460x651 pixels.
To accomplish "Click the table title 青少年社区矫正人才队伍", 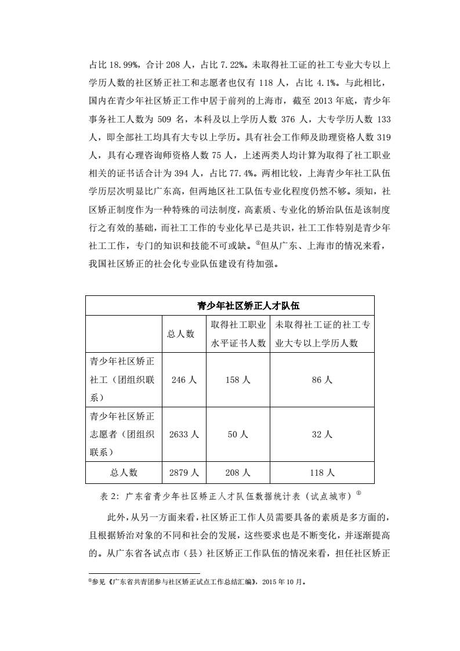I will [230, 305].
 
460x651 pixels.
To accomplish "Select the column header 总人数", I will [181, 334].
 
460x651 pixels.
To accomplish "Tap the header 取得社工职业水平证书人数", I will [238, 334].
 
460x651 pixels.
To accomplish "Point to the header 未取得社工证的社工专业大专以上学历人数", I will [322, 334].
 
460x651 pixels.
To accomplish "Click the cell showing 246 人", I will [184, 380].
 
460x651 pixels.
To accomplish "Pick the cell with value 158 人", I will [238, 380].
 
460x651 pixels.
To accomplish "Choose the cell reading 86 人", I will [322, 380].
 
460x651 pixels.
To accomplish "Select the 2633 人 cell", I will [184, 434].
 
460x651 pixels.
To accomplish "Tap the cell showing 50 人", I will [238, 434].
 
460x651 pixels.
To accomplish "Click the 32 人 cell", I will [322, 434].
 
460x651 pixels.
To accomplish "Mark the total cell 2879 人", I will [184, 472].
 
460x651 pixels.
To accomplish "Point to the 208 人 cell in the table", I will [238, 472].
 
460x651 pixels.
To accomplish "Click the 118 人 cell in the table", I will [322, 472].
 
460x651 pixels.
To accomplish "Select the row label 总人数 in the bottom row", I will [124, 472].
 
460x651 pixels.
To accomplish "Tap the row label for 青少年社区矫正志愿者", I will [122, 434].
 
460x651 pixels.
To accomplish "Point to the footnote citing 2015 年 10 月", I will [197, 581].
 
